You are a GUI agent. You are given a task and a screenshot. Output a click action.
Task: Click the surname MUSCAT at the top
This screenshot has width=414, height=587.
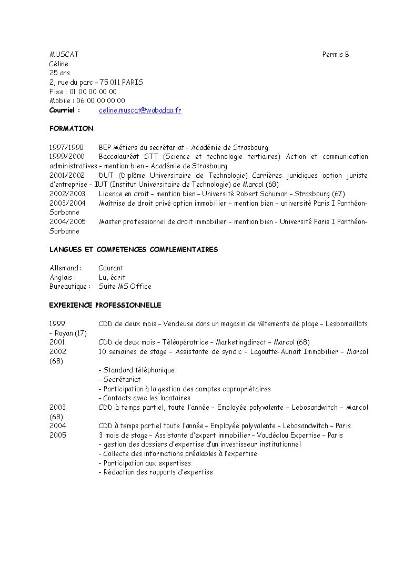[x=64, y=55]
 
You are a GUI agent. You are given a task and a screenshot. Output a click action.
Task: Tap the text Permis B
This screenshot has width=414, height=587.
[x=336, y=55]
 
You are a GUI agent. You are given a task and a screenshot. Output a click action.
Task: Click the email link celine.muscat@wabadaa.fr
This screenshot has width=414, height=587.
[x=140, y=110]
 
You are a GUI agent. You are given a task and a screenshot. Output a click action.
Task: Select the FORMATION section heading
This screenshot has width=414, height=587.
[x=72, y=129]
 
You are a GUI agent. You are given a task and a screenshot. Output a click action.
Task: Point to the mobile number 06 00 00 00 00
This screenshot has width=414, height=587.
[x=101, y=101]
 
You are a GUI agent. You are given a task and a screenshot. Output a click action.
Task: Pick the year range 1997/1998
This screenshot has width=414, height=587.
[x=67, y=148]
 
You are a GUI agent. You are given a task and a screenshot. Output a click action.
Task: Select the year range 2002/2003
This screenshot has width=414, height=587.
[x=67, y=194]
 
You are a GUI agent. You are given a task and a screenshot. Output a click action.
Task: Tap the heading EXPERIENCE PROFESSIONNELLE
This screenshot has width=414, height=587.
[x=105, y=306]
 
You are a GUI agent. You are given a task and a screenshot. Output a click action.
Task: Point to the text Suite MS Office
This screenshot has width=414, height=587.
[x=125, y=287]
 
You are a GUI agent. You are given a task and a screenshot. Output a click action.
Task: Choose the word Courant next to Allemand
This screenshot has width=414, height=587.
[x=110, y=268]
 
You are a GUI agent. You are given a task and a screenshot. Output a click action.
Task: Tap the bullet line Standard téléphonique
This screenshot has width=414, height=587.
[x=136, y=370]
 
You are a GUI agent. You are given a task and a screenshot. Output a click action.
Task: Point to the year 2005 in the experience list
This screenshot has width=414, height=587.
[x=58, y=436]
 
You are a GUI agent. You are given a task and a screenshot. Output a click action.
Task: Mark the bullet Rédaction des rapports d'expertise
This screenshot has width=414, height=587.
[x=156, y=472]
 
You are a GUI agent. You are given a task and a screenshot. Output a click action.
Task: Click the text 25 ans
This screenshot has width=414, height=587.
[x=59, y=73]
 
